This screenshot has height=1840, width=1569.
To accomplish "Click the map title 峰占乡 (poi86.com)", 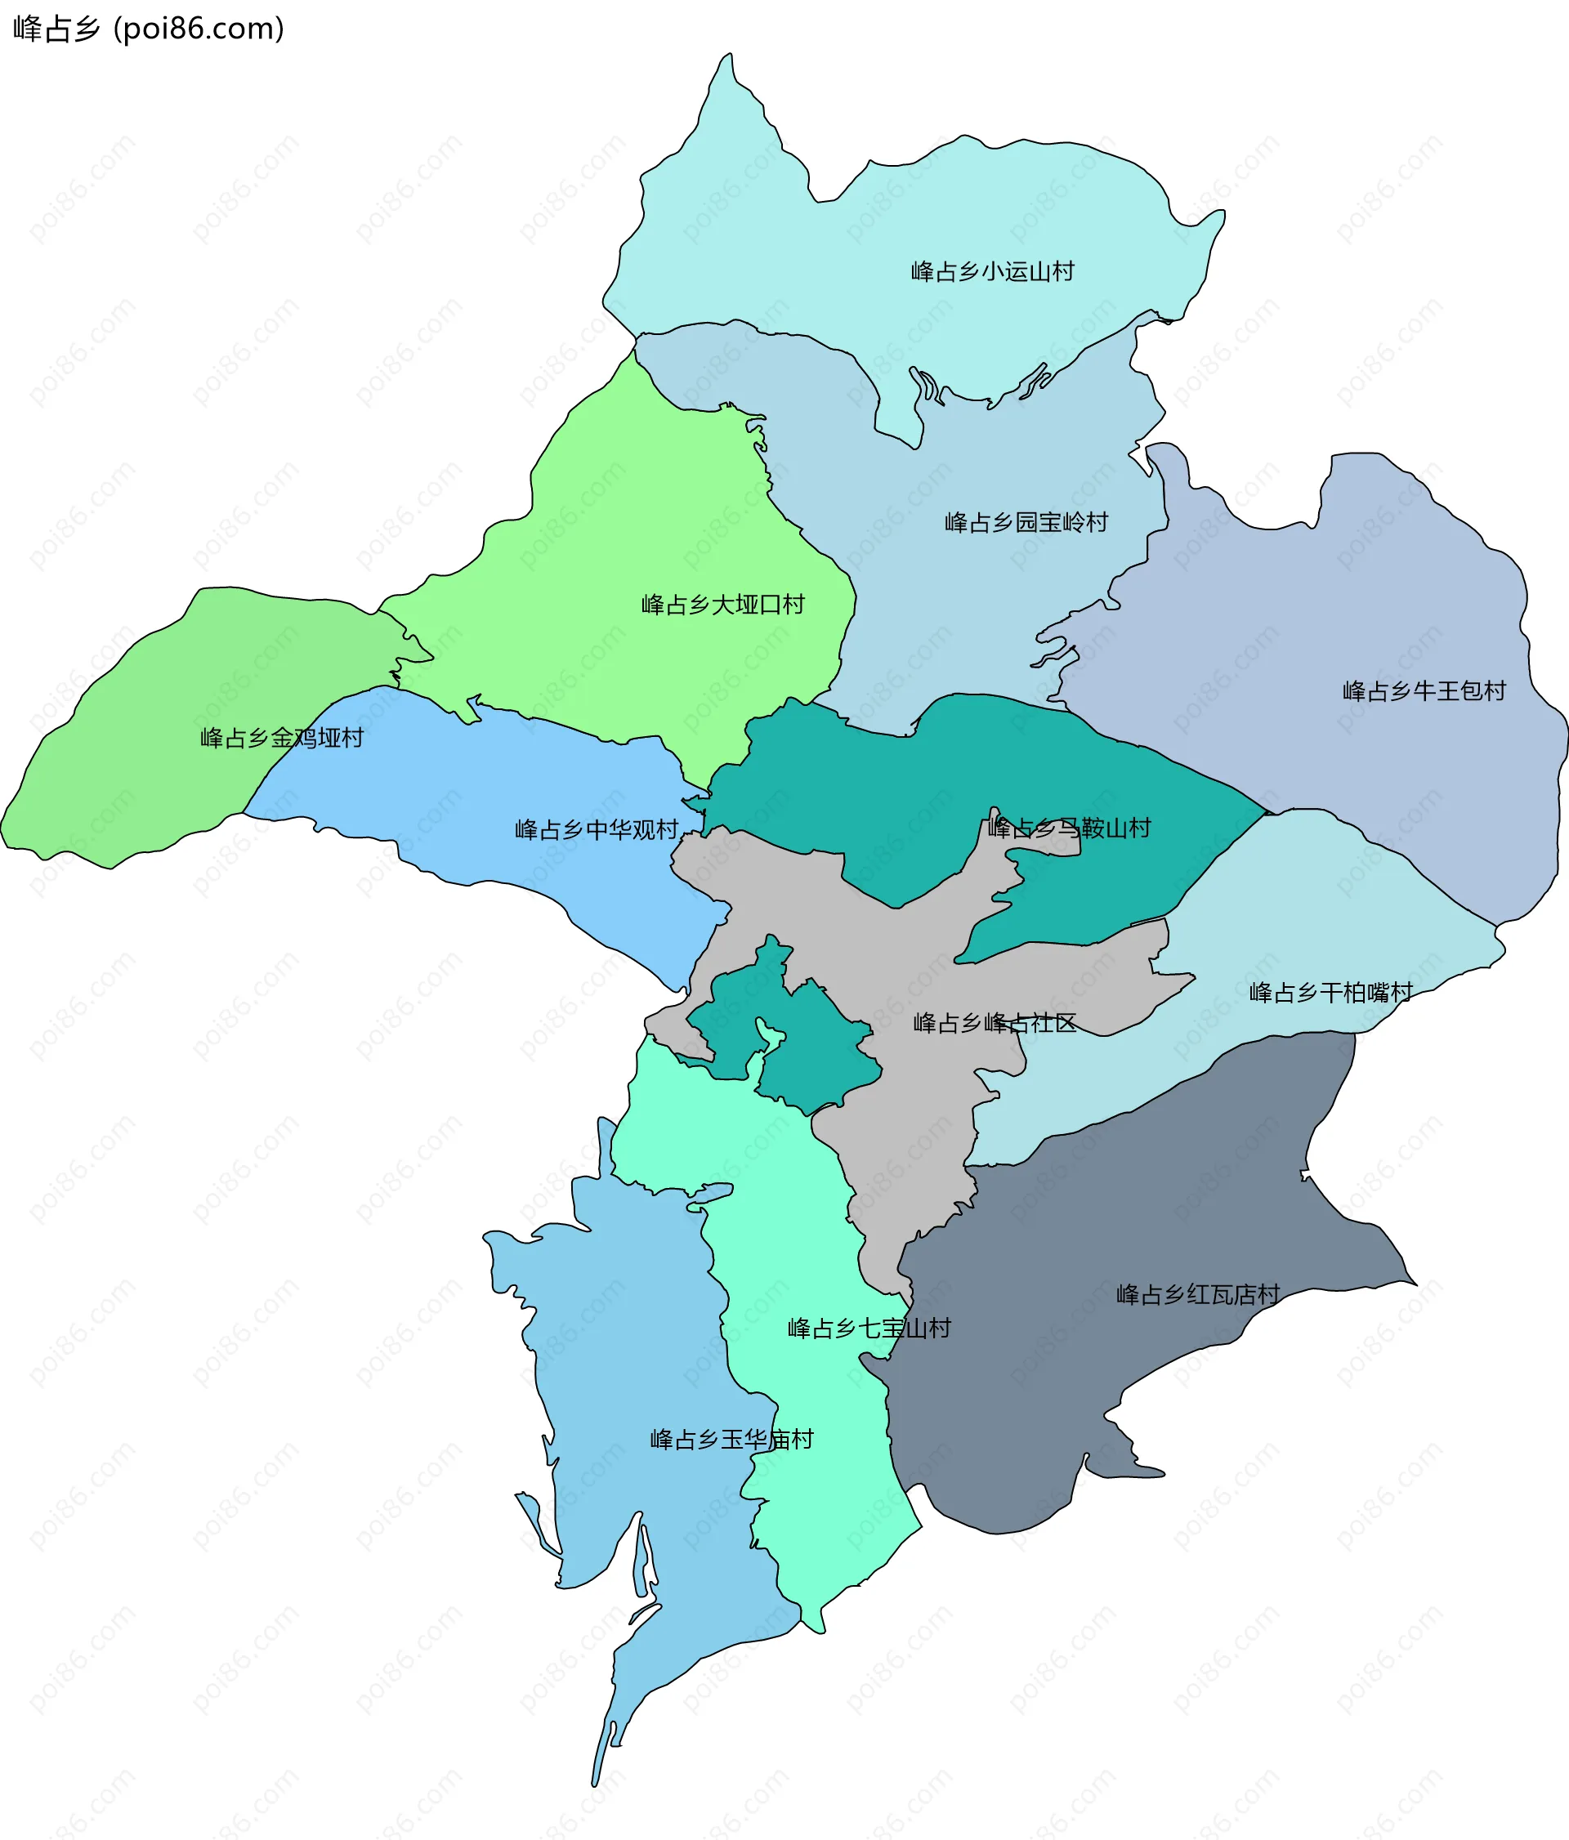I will coord(148,29).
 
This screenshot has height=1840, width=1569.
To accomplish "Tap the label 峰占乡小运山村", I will coord(992,270).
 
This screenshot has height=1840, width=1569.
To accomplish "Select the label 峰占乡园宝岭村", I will coord(1026,522).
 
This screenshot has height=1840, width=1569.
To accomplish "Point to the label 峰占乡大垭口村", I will coord(722,605).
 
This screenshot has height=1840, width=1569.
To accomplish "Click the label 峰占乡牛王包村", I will coord(1424,691).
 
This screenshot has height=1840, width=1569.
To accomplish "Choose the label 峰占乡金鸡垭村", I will coord(281,738).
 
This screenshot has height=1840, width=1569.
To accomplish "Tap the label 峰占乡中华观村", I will coord(597,829).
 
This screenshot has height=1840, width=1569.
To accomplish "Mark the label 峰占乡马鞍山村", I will coord(1069,828).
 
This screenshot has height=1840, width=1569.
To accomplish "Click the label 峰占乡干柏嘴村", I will coord(1330,993).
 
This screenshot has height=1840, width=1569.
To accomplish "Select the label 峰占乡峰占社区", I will coord(995,1023).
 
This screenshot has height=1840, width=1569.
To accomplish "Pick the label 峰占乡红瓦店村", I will coord(1198,1295).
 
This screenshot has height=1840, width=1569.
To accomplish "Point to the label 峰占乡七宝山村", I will coord(869,1329).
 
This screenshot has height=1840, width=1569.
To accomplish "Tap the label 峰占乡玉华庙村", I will coord(731,1440).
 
